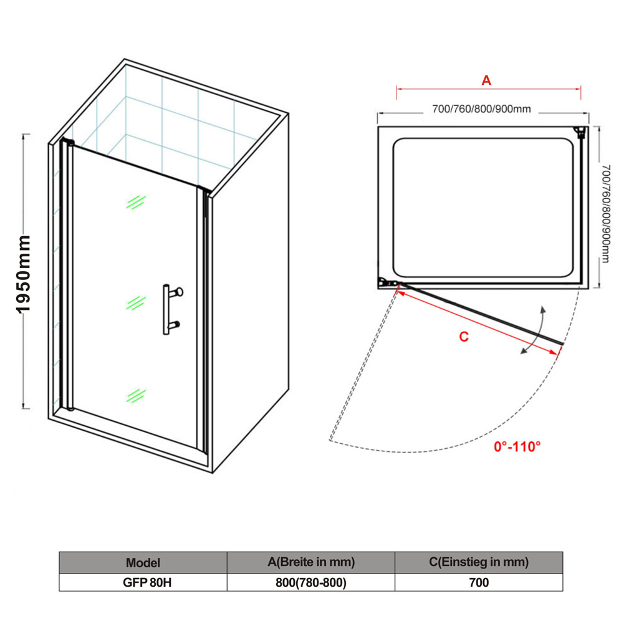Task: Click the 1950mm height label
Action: point(24,274)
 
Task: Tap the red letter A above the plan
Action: point(486,80)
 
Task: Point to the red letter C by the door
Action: point(464,337)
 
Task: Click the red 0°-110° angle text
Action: point(517,446)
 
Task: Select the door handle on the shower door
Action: point(172,309)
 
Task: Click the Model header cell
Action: point(143,563)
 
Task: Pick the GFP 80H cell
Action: point(147,583)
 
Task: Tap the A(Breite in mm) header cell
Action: point(311,562)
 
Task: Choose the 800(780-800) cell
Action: point(311,583)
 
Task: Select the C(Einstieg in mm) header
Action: point(479,562)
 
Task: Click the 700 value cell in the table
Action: point(479,583)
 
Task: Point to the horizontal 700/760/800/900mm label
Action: point(481,108)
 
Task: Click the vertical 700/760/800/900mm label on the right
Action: point(606,214)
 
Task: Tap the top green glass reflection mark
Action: point(136,202)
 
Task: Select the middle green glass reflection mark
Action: point(136,303)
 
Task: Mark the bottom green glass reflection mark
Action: point(136,396)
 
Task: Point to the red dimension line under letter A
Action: point(489,89)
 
